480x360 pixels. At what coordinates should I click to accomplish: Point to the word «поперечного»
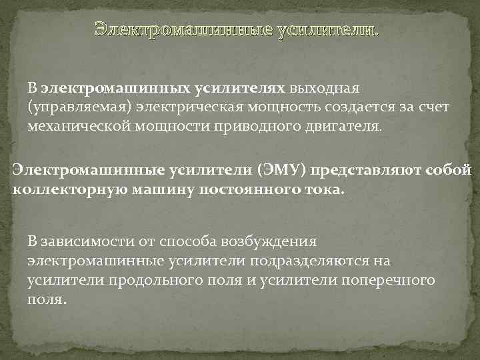click(x=388, y=280)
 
